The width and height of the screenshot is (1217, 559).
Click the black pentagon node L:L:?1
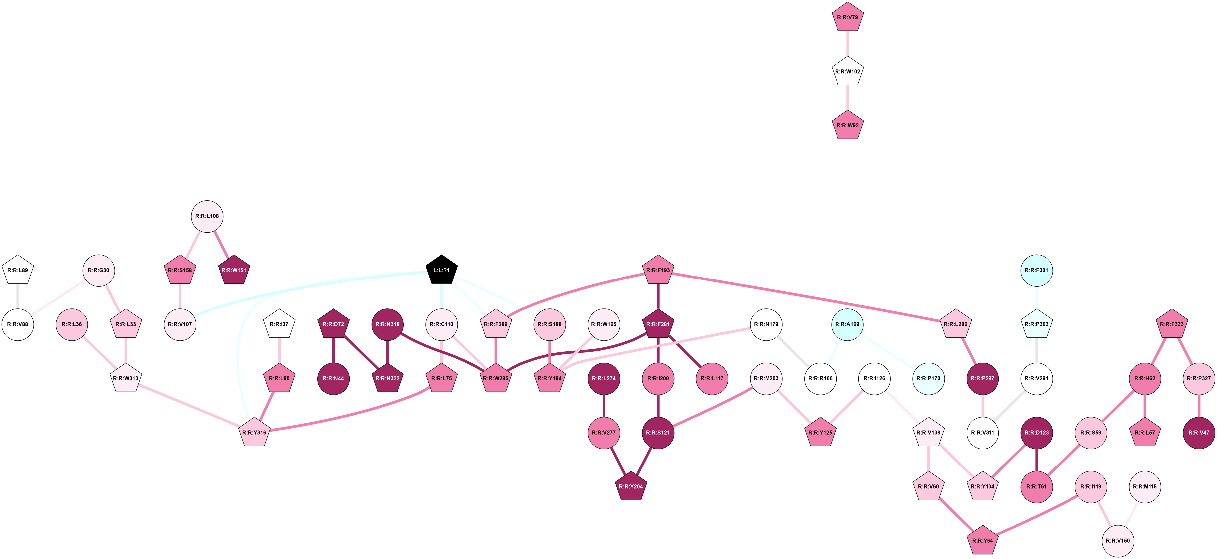coord(441,270)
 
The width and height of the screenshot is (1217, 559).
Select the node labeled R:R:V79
coord(847,18)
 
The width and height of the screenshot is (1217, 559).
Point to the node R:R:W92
coord(847,126)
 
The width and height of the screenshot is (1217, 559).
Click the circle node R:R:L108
coord(207,216)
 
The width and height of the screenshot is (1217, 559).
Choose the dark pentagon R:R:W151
coord(234,270)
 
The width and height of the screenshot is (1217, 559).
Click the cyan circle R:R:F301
coord(1036,270)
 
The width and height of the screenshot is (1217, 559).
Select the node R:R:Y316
coord(254,432)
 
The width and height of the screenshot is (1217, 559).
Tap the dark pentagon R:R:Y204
coord(631,487)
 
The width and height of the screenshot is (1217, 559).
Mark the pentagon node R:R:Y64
coord(982,541)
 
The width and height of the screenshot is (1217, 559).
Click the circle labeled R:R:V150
coord(1118,541)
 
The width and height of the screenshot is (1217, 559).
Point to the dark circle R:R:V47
coord(1199,432)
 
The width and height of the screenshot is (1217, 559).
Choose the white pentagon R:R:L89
coord(18,270)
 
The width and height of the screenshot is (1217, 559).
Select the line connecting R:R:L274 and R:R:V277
coord(604,405)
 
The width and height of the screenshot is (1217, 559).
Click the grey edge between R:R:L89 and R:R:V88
coord(18,297)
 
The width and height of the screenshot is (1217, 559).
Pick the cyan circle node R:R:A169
coord(847,324)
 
